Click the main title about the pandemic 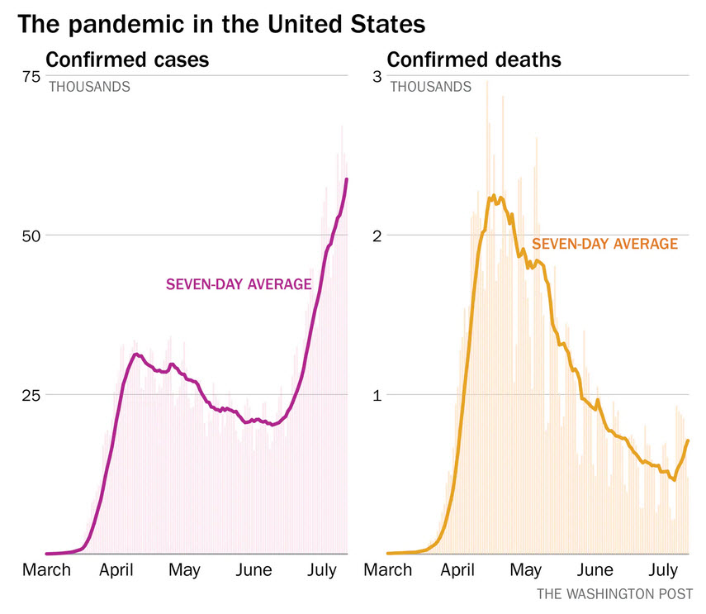(221, 23)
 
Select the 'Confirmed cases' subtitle (126, 60)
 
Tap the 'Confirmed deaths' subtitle (474, 60)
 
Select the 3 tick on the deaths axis (376, 76)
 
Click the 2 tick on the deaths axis (376, 236)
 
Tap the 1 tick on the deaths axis (376, 395)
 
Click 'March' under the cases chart (46, 570)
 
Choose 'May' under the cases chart (184, 570)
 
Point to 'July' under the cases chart (321, 570)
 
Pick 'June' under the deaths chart (595, 570)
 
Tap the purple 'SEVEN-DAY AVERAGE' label (239, 285)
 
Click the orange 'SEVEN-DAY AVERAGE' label (604, 244)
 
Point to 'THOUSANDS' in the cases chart (89, 87)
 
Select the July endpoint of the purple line (347, 179)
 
